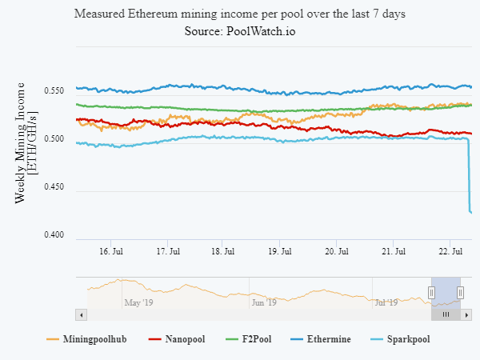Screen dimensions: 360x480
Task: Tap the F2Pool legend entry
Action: click(x=257, y=339)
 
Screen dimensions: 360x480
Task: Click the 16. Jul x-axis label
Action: click(x=111, y=251)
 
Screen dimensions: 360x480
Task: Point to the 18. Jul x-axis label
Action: click(x=224, y=251)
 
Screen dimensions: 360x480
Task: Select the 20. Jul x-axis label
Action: click(x=337, y=251)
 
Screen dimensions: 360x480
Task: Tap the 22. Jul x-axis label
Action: click(x=450, y=251)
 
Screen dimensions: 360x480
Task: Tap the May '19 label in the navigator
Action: click(x=138, y=302)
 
